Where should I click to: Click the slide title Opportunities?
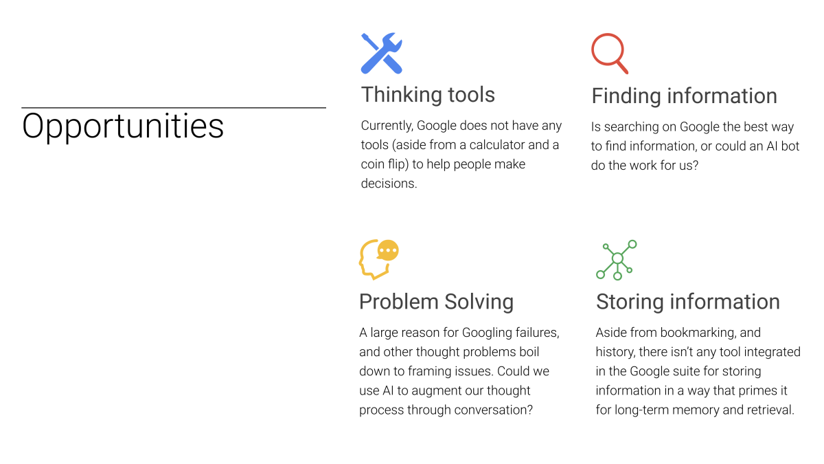[123, 127]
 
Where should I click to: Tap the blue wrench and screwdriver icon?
[382, 54]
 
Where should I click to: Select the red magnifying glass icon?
[610, 54]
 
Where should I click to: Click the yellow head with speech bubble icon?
[379, 259]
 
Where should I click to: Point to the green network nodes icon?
[617, 259]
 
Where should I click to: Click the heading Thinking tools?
[428, 95]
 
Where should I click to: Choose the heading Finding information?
[684, 96]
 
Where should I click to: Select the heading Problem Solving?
[436, 302]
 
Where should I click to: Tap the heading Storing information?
[688, 302]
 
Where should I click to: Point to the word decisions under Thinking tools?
[388, 184]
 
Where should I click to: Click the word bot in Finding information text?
[790, 146]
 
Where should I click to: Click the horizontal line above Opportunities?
[174, 107]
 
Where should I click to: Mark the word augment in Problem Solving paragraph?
[436, 391]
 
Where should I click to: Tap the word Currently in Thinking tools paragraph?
[387, 126]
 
